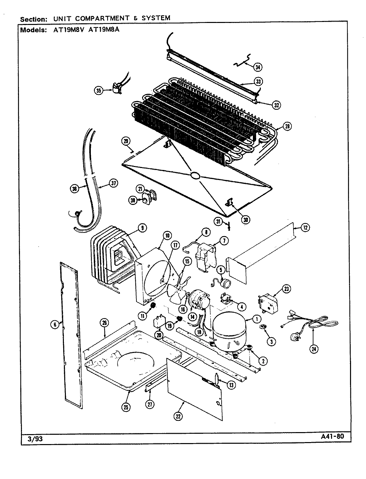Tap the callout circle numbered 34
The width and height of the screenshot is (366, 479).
[258, 67]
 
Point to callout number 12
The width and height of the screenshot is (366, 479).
[305, 228]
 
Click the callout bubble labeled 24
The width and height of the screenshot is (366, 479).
[314, 348]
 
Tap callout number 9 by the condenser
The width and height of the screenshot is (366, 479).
[142, 228]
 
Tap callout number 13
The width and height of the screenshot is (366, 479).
[230, 385]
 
